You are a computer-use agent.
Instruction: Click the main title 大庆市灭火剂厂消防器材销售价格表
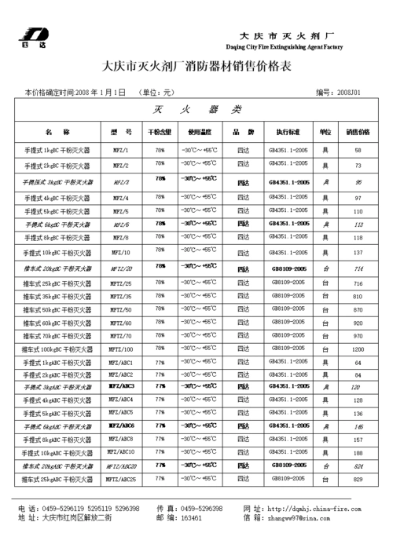pyautogui.click(x=196, y=68)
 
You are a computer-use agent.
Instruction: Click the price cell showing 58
pyautogui.click(x=358, y=150)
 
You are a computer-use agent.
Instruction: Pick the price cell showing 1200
pyautogui.click(x=358, y=349)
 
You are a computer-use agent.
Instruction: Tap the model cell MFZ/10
pyautogui.click(x=122, y=253)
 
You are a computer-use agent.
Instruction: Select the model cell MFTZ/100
pyautogui.click(x=122, y=349)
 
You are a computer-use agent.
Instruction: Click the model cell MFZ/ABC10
pyautogui.click(x=122, y=452)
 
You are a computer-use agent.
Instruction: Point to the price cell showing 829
pyautogui.click(x=358, y=479)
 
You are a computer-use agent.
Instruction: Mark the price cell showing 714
pyautogui.click(x=358, y=268)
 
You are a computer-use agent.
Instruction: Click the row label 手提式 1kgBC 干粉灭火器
pyautogui.click(x=57, y=150)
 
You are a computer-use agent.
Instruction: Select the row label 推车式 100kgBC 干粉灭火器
pyautogui.click(x=57, y=349)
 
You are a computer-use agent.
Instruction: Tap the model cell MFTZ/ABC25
pyautogui.click(x=122, y=479)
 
